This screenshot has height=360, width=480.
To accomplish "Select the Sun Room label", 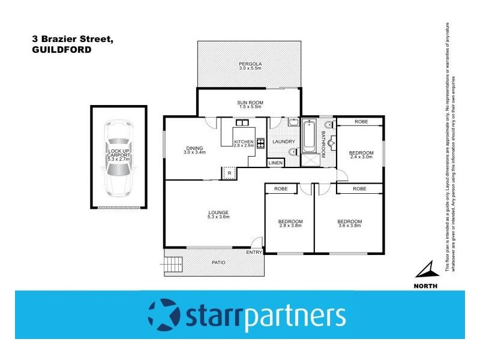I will (249, 103).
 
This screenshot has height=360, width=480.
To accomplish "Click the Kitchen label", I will (244, 142).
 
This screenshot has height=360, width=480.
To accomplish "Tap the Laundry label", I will (283, 142).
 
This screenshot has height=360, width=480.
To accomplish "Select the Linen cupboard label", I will (275, 163).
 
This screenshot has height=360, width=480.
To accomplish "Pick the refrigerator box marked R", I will (230, 173).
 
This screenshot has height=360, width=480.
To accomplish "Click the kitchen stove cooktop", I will (261, 143).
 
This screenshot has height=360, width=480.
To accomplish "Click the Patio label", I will (218, 262).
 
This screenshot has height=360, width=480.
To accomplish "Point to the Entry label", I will (255, 252).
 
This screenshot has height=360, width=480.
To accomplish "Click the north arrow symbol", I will (425, 269).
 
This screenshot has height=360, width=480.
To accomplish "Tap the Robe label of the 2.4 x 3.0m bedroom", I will (361, 122).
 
